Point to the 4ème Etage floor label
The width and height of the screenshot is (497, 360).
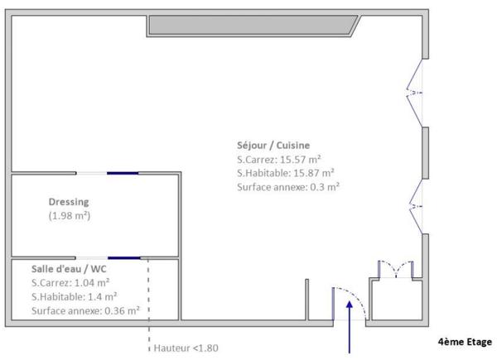[464, 340]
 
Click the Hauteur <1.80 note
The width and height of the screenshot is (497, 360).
[187, 348]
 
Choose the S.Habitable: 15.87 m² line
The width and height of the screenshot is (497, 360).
[285, 173]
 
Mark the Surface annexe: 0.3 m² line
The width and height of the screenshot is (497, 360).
[287, 187]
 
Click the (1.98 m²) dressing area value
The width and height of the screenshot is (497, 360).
[69, 216]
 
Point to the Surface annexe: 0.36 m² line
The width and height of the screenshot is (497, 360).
[84, 311]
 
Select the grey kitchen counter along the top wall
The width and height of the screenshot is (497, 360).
[253, 26]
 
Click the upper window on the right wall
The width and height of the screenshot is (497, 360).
[417, 92]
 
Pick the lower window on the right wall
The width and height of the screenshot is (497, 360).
[417, 207]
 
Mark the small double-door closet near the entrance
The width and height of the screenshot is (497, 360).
[396, 270]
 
